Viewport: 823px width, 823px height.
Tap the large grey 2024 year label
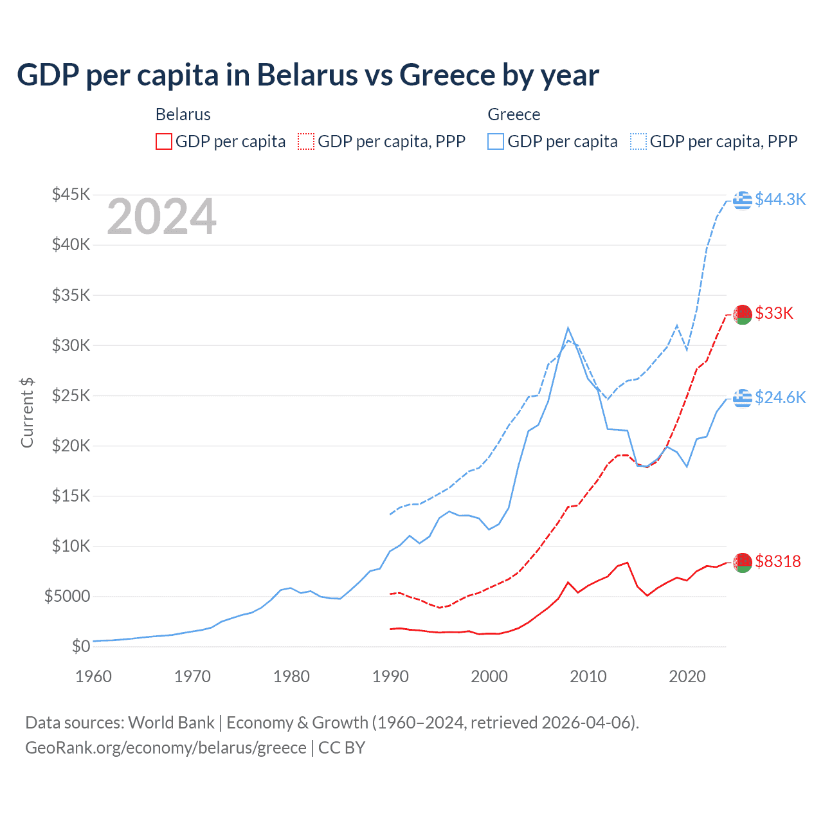tap(161, 217)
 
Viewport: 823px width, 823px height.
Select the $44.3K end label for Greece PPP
tap(780, 200)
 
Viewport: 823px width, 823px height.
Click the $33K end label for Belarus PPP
tap(774, 314)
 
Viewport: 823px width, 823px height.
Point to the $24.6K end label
tap(780, 398)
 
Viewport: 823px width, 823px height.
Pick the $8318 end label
tap(778, 562)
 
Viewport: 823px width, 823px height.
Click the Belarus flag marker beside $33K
tap(743, 314)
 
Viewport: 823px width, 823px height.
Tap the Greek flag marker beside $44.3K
tap(743, 200)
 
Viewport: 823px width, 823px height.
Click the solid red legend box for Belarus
tap(164, 141)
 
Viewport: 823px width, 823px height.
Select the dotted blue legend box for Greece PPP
tap(638, 141)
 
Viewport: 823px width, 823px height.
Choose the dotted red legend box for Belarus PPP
tap(306, 141)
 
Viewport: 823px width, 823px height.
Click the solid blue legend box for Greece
tap(496, 141)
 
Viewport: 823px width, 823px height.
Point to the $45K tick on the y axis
tap(71, 194)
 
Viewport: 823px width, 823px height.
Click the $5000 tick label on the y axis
tap(67, 597)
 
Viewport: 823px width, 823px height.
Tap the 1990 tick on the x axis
tap(390, 676)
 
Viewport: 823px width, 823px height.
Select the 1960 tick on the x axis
tap(94, 676)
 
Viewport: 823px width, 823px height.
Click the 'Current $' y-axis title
tap(27, 413)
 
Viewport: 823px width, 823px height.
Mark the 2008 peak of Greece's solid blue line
tap(568, 328)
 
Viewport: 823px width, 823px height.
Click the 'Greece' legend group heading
tap(514, 114)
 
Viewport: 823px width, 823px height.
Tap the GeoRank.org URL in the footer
tap(165, 748)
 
